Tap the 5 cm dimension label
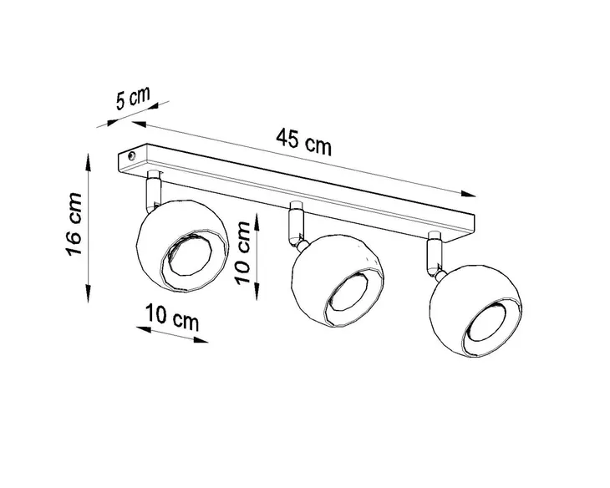point(132,99)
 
